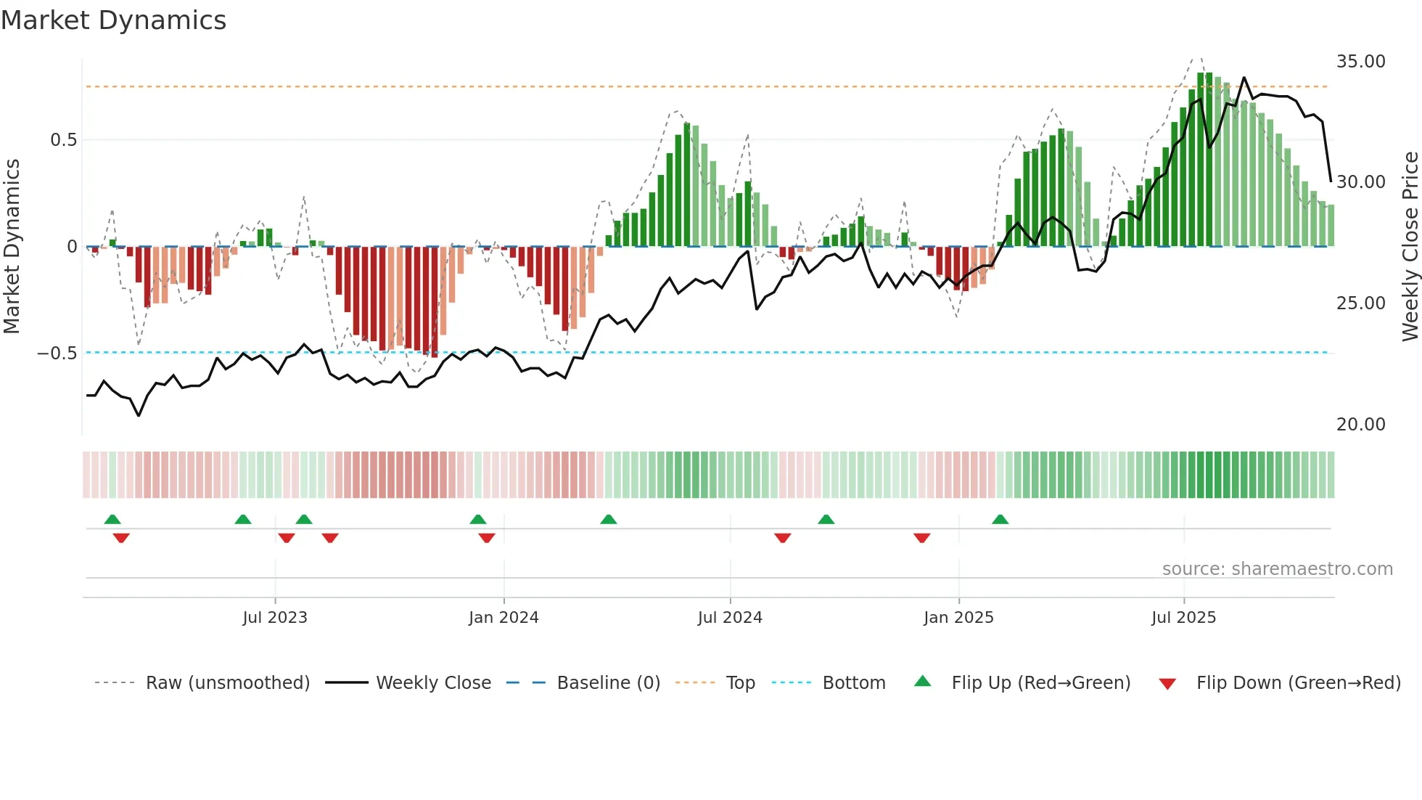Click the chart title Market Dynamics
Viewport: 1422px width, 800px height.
(x=114, y=20)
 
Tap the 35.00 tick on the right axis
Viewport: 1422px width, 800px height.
(x=1360, y=62)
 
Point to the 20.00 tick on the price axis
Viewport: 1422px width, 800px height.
(x=1360, y=425)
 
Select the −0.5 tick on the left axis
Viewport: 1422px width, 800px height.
(x=57, y=354)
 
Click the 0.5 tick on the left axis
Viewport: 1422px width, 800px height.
(x=63, y=140)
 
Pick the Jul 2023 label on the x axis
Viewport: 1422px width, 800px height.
(x=275, y=618)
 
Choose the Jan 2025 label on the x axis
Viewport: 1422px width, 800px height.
(x=958, y=618)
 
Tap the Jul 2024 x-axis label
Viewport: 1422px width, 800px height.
(x=730, y=618)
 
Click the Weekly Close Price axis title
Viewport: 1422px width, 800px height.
(x=1410, y=247)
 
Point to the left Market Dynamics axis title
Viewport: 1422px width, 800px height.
(x=12, y=247)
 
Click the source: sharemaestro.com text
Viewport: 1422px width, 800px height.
(x=1277, y=569)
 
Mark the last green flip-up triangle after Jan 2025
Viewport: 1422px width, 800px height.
(x=1000, y=519)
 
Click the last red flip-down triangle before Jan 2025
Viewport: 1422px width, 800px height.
(x=921, y=538)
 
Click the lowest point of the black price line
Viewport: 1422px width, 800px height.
(x=139, y=416)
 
